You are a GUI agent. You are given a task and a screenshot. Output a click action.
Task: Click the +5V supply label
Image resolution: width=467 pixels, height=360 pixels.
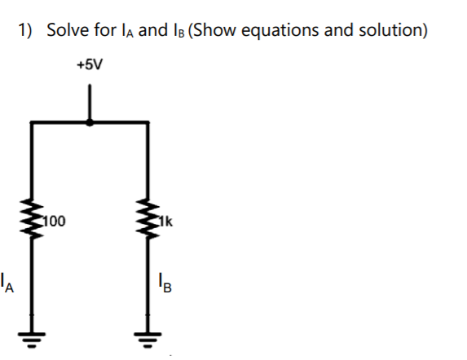tap(90, 64)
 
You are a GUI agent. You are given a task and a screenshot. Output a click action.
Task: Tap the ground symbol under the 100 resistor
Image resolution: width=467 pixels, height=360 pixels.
tap(33, 339)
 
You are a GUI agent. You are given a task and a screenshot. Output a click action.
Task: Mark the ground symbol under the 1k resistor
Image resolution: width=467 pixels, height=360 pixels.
tap(148, 339)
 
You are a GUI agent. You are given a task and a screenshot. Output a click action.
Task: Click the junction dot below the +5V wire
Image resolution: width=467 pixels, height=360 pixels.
tap(90, 122)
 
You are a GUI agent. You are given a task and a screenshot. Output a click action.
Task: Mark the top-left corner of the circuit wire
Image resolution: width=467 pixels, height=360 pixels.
tap(33, 122)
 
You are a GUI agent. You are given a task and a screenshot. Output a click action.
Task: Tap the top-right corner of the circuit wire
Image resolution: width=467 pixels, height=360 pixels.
tap(148, 122)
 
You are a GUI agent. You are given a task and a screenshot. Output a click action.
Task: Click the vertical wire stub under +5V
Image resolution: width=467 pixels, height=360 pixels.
tap(90, 103)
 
